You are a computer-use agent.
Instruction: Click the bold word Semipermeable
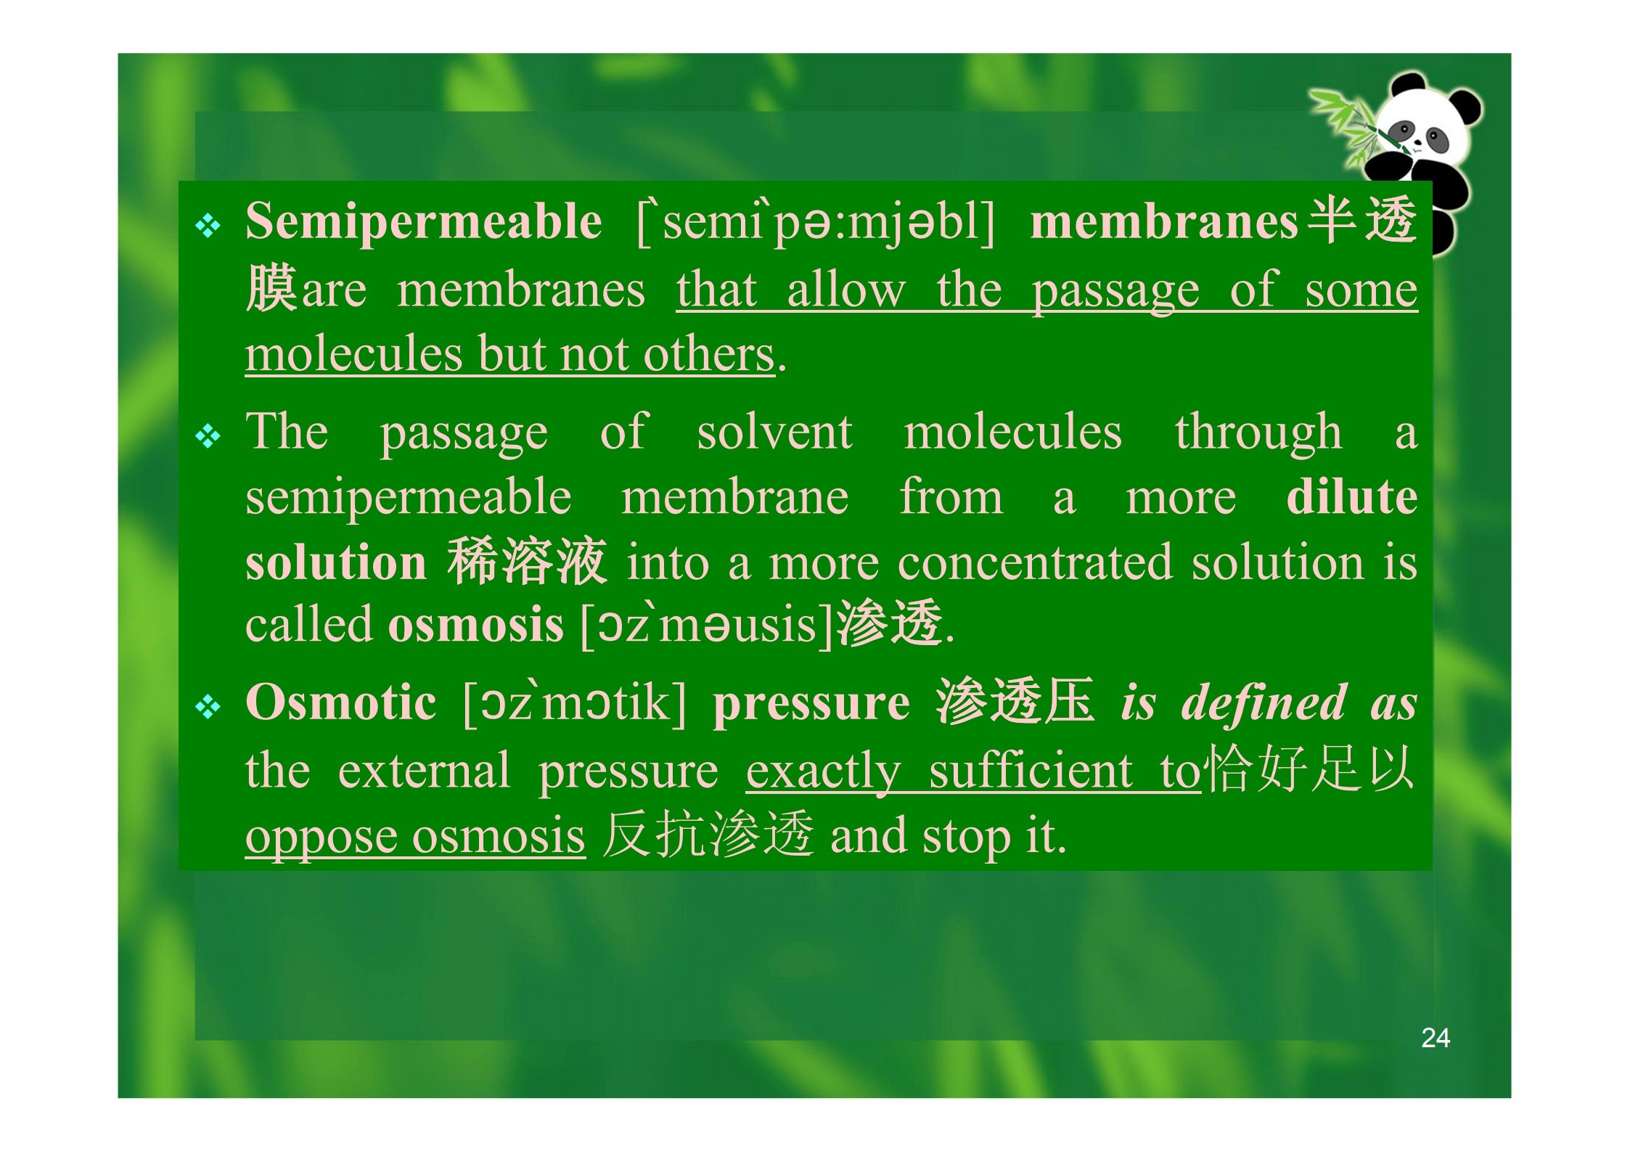tap(423, 221)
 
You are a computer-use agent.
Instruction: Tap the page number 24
tap(1436, 1039)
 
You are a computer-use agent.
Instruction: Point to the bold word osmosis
tap(476, 625)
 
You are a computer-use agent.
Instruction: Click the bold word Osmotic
tap(341, 702)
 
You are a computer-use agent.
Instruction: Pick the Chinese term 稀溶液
tap(528, 562)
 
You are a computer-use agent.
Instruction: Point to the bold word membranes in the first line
tap(1164, 221)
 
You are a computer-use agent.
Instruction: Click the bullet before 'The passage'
tap(208, 438)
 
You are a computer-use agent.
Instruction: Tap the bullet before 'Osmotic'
tap(208, 708)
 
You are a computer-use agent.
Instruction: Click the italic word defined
tap(1264, 703)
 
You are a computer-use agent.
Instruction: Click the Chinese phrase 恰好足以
tap(1308, 769)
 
